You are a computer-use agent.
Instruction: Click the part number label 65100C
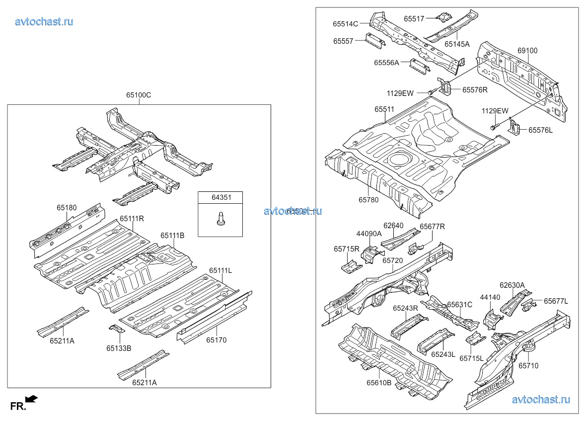coord(139,95)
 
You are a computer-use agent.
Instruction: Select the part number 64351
coord(220,197)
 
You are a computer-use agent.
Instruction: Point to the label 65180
coord(67,208)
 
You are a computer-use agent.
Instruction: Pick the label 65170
coord(217,340)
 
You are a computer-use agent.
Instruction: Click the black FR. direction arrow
coord(31,398)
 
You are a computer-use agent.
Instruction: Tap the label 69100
coord(527,51)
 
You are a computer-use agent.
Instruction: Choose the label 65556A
coord(387,63)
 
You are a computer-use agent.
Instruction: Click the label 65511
coord(384,109)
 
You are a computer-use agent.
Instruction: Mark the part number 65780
coord(368,200)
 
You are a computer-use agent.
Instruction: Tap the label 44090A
coord(368,234)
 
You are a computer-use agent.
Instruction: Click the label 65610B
coord(379,383)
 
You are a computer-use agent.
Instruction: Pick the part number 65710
coord(528,366)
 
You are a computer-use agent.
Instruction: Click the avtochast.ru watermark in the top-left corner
coord(44,21)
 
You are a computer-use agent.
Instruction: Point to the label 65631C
coord(459,305)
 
